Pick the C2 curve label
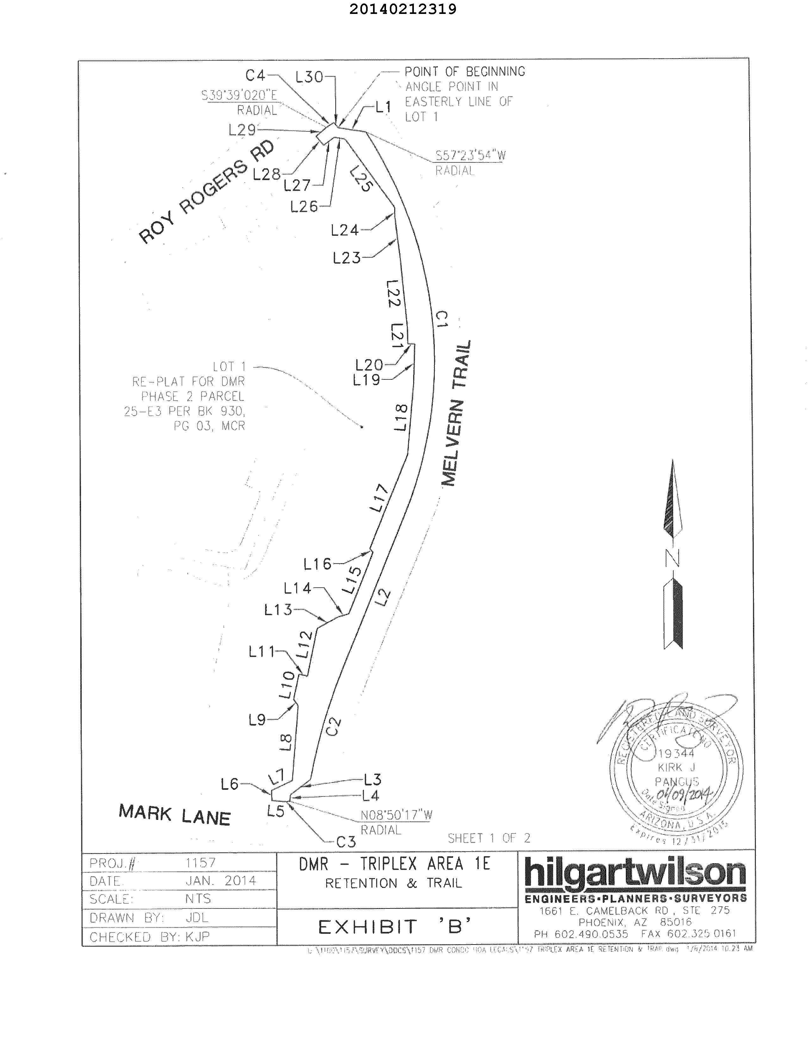(x=333, y=727)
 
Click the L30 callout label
(x=309, y=77)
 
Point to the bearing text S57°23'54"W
(x=470, y=155)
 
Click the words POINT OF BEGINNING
(x=464, y=72)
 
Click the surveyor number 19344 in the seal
(x=676, y=753)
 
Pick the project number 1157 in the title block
(x=201, y=863)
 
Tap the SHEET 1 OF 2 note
(x=489, y=838)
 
